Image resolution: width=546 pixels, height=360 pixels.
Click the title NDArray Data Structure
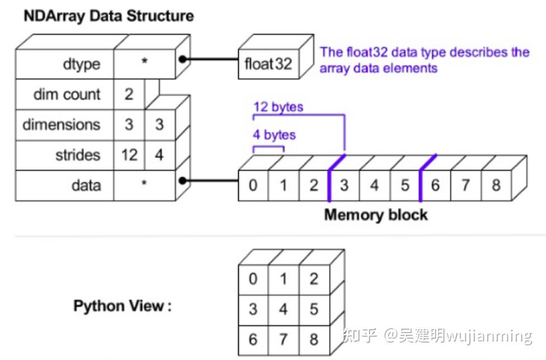(x=109, y=15)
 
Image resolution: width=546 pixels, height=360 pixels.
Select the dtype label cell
(x=65, y=64)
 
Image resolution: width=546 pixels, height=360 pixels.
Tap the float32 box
(x=268, y=63)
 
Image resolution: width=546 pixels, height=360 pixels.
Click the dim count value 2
(x=129, y=94)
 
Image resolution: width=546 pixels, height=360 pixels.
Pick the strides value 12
(x=129, y=155)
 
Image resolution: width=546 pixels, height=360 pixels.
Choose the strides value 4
(x=159, y=155)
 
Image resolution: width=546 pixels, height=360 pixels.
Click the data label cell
(x=65, y=185)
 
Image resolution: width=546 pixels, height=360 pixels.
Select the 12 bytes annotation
(x=278, y=106)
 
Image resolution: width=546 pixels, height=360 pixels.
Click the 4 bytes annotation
(x=274, y=135)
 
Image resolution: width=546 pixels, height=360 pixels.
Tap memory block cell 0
(x=253, y=185)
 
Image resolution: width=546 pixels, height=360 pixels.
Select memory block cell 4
(x=374, y=185)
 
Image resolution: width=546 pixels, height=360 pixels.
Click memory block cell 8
(x=496, y=185)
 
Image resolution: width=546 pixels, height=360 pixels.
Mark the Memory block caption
(x=376, y=214)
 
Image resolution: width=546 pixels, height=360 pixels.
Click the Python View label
(x=122, y=306)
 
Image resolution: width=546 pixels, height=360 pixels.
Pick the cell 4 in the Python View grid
(x=283, y=308)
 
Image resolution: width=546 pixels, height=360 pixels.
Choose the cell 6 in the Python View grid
(x=253, y=339)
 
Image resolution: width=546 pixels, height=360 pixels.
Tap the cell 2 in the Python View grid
(x=314, y=278)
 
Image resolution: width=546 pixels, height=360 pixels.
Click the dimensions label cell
(x=65, y=124)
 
